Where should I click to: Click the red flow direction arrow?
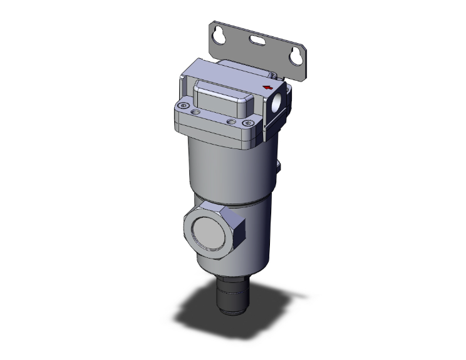pyautogui.click(x=267, y=87)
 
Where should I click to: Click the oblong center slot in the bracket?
pyautogui.click(x=257, y=42)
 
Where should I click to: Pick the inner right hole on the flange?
pyautogui.click(x=230, y=121)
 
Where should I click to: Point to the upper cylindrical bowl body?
pyautogui.click(x=229, y=169)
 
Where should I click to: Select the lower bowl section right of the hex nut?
pyautogui.click(x=257, y=238)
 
